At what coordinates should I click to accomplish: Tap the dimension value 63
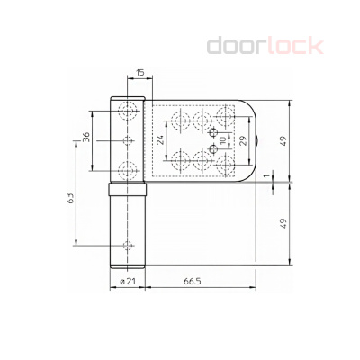(x=70, y=199)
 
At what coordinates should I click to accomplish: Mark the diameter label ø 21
(x=128, y=283)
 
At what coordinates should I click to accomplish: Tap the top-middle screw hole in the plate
(x=202, y=118)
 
